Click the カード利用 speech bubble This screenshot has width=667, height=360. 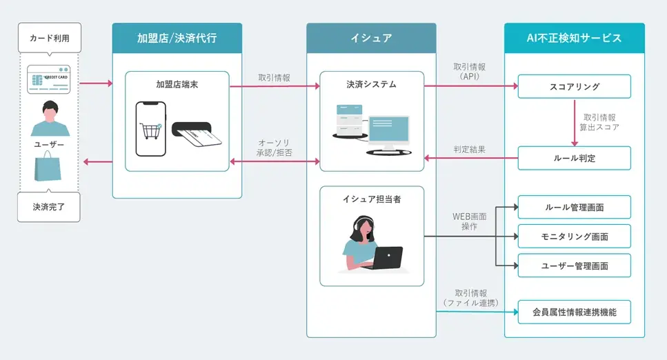49,38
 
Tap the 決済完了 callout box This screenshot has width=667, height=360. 49,206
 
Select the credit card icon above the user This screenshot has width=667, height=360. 49,79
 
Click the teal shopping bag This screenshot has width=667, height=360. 49,168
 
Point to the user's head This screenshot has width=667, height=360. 49,109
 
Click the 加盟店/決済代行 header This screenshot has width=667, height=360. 177,38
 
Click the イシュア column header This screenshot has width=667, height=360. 371,38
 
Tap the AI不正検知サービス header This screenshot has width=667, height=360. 574,38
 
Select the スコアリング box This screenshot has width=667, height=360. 574,87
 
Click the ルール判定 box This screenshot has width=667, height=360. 574,158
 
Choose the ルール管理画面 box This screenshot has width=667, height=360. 574,207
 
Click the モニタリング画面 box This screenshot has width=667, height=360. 574,236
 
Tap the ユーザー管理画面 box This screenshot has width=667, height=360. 574,265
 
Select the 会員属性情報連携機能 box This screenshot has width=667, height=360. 574,312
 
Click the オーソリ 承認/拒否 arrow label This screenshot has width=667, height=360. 274,148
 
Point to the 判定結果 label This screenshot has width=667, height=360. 469,148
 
